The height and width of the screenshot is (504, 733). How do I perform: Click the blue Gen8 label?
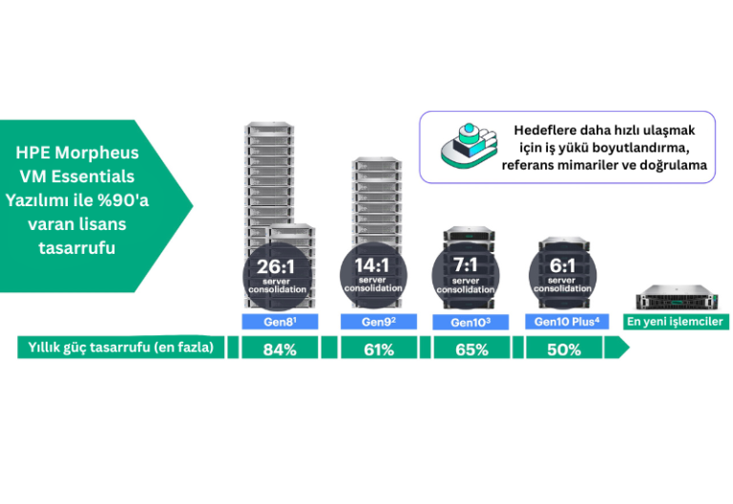[279, 322]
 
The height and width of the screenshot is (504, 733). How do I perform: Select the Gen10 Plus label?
[567, 322]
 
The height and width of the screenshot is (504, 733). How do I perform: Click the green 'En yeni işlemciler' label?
[674, 322]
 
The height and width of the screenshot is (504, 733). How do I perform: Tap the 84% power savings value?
[281, 348]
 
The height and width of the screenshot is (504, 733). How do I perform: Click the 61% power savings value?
[379, 348]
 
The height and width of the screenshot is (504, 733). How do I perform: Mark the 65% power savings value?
[471, 348]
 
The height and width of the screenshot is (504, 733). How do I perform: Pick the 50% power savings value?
[564, 348]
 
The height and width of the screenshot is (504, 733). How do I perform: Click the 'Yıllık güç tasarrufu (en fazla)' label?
[121, 347]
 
